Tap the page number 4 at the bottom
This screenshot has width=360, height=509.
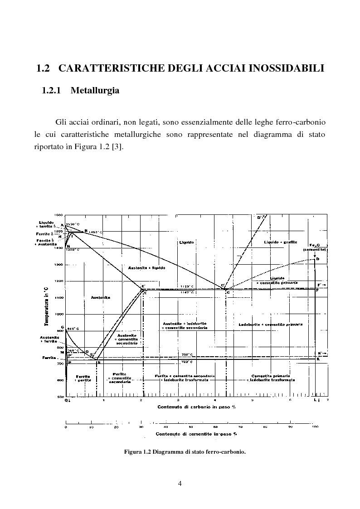click(180, 484)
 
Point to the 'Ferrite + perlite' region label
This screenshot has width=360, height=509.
click(83, 378)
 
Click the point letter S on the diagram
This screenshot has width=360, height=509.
click(98, 363)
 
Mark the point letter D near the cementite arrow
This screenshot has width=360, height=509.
click(318, 258)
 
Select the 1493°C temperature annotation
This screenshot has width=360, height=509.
click(95, 232)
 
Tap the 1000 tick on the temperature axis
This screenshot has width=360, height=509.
click(59, 314)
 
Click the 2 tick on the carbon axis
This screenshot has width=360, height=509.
click(141, 400)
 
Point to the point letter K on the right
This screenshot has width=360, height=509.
click(318, 359)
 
